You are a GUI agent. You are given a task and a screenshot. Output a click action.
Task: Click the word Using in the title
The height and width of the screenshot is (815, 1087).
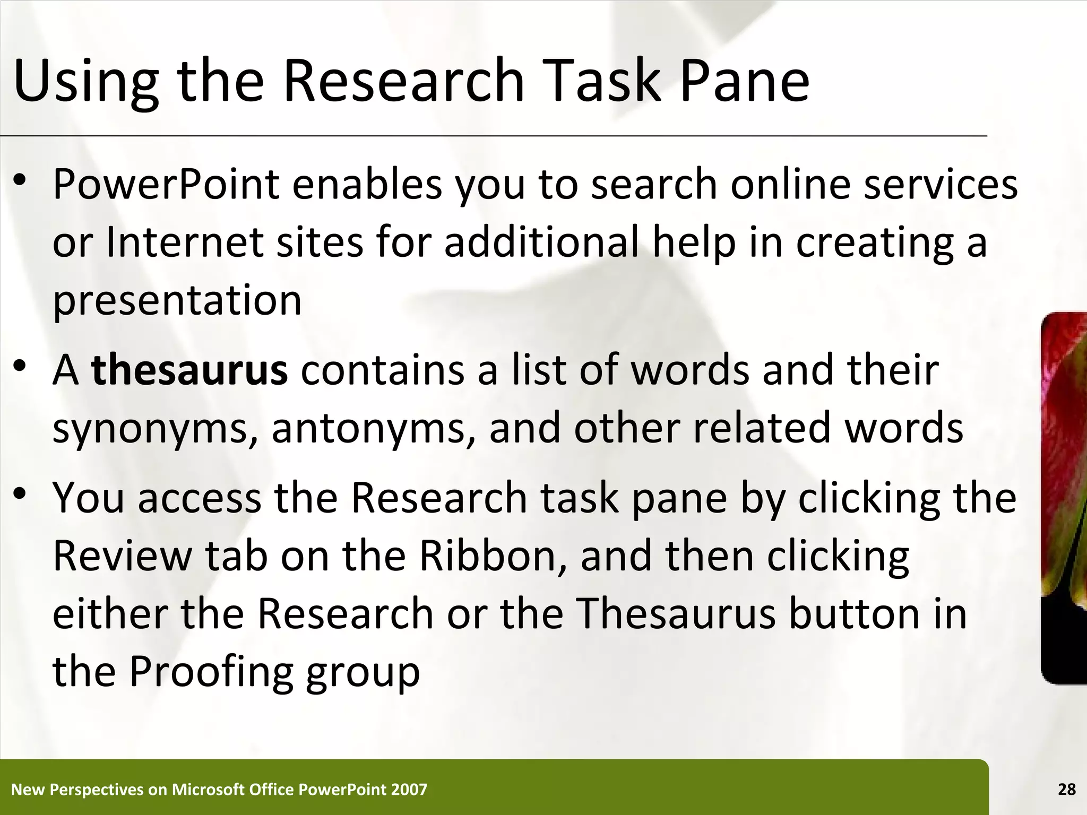click(x=85, y=81)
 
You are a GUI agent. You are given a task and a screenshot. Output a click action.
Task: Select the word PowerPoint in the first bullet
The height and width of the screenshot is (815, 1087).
click(x=166, y=184)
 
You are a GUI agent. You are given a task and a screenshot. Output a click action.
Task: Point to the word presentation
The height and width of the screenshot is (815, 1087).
click(x=177, y=300)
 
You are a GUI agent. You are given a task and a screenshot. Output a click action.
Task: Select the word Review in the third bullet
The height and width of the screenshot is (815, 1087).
click(x=122, y=556)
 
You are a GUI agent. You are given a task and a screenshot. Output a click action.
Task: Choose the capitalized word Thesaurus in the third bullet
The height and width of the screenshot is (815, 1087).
click(x=676, y=613)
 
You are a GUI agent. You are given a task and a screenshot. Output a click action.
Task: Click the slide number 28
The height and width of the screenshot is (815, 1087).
click(x=1066, y=790)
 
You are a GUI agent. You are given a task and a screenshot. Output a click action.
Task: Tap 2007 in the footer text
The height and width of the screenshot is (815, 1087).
click(x=409, y=790)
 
